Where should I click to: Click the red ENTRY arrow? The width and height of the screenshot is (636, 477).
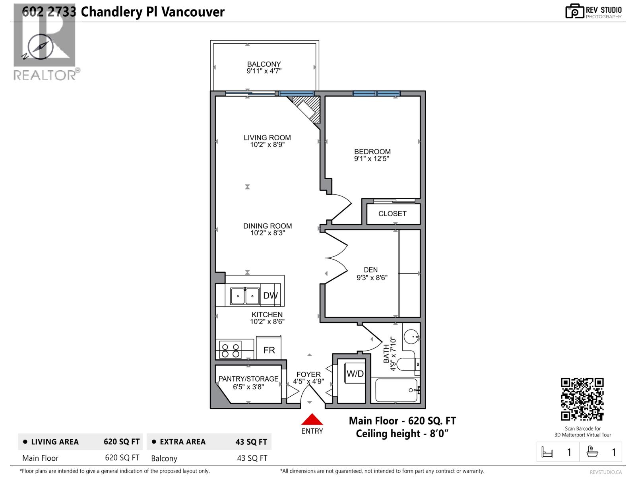coord(312,420)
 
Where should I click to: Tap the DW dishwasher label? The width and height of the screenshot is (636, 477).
coord(270,295)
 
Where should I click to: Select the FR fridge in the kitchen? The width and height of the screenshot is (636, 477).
coord(269,350)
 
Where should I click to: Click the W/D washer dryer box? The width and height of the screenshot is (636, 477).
coord(355,374)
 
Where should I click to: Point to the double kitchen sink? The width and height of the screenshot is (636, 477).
coord(245,296)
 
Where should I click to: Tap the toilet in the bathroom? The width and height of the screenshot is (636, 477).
coord(408,365)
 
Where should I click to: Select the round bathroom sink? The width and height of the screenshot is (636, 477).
coord(411,337)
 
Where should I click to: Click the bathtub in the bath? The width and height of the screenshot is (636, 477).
coord(396,390)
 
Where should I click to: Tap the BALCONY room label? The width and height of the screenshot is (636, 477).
coord(264,64)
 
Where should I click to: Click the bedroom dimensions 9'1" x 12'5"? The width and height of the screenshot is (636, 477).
coord(371,159)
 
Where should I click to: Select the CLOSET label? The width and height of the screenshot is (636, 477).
coord(392,214)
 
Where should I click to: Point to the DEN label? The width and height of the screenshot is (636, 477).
coord(370,270)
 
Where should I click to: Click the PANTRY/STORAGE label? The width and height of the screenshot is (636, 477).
coord(248,379)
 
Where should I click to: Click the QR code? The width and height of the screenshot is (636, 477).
coord(582,399)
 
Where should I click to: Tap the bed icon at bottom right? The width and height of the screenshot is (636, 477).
coord(547,452)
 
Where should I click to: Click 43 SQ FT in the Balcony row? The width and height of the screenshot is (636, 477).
coord(252,458)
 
